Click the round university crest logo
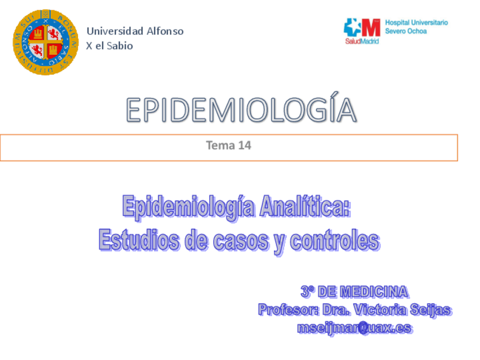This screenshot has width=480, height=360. coord(46,42)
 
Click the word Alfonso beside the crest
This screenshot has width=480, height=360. coord(165,31)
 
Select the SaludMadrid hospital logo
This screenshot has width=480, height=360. coord(362,31)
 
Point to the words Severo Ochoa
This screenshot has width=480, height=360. coord(406,31)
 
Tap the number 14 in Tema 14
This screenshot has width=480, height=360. coord(245,145)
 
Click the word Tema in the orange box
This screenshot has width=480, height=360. coord(220,145)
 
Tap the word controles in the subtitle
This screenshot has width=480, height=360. coord(335,240)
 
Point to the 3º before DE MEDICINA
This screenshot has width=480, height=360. coord(307,292)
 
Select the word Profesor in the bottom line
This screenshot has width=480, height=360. coord(288,310)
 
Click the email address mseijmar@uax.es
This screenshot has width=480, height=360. coord(354,328)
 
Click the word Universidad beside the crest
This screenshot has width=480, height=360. coord(114,31)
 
